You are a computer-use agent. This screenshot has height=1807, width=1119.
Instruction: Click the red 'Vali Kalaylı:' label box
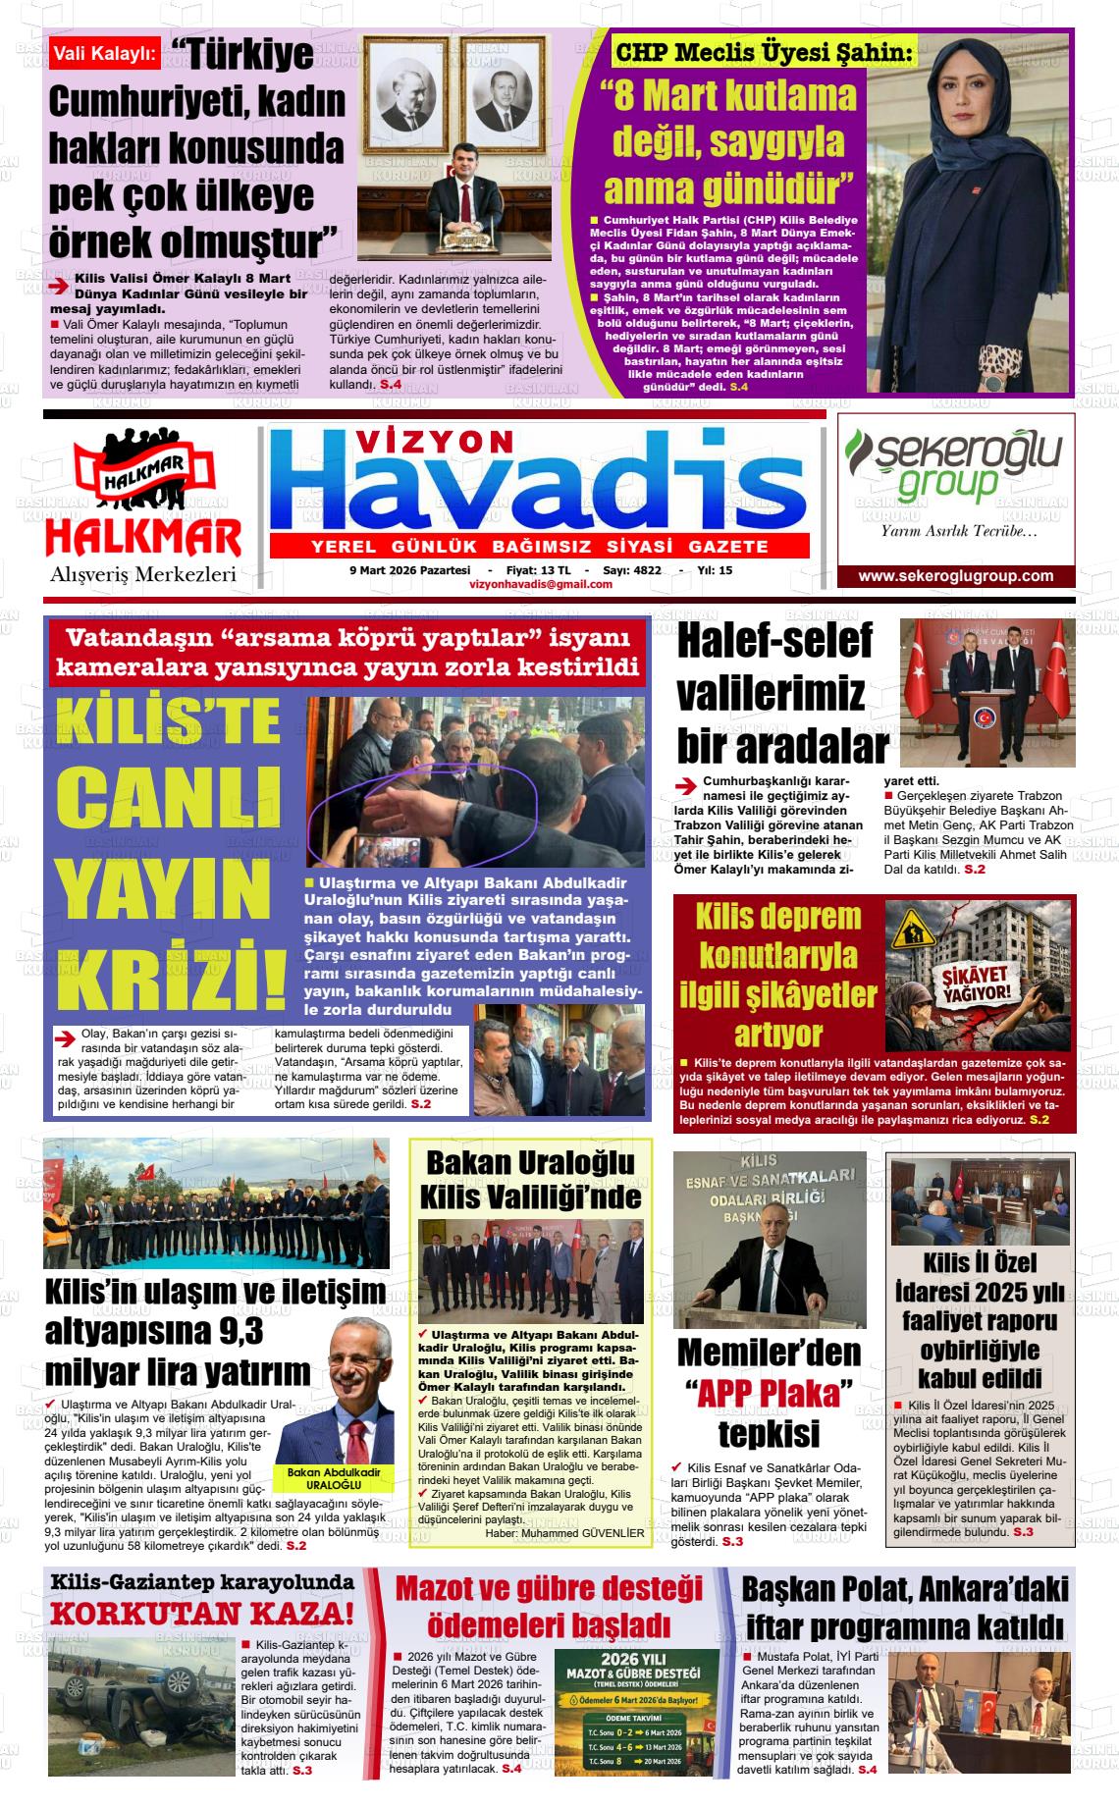105,54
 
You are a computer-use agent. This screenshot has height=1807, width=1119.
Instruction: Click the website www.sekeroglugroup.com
955,576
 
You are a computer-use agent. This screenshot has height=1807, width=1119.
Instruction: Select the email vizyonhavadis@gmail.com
541,584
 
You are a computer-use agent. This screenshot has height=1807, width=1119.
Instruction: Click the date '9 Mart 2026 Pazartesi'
410,570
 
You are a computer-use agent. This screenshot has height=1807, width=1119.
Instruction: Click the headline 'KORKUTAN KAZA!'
202,1613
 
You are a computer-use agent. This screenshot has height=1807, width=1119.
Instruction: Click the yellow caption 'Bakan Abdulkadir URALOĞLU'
334,1478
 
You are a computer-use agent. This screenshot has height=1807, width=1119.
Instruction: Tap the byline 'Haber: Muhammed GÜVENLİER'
564,1533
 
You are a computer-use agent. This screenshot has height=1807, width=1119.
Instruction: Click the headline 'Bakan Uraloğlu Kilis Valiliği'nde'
530,1179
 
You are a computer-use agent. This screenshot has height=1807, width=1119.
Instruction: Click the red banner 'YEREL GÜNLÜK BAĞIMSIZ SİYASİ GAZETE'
539,546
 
